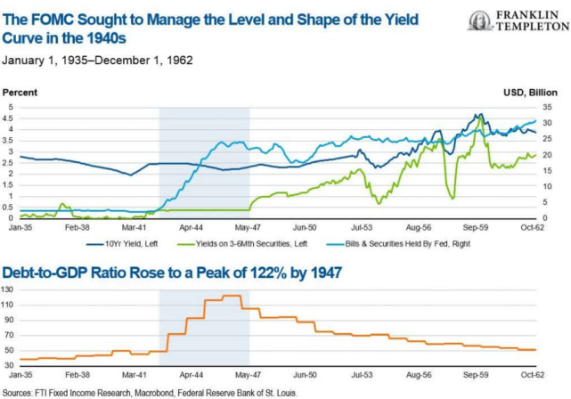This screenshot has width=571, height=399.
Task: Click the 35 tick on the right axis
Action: point(548,107)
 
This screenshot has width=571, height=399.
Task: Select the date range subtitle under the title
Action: point(98,61)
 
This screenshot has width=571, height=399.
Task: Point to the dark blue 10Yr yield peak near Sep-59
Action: point(480,115)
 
